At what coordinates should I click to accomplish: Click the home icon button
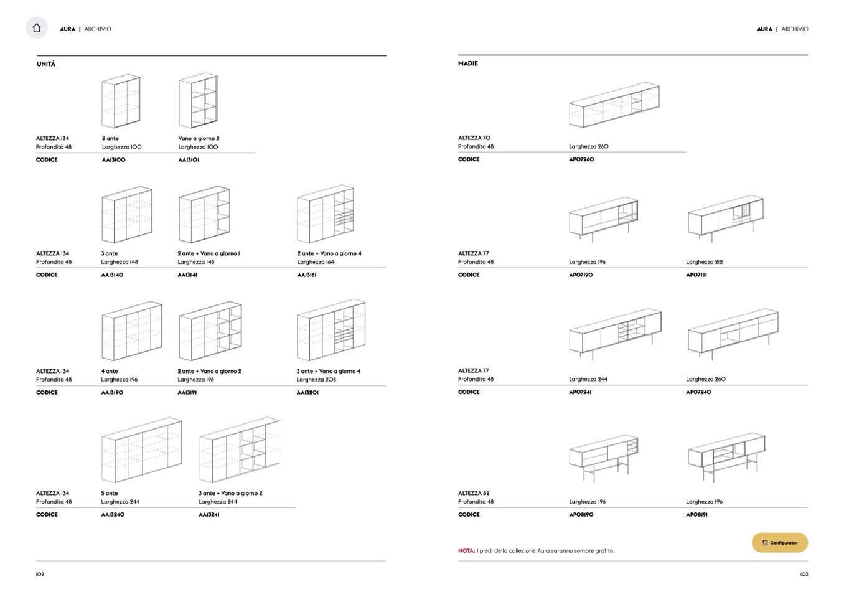tap(37, 28)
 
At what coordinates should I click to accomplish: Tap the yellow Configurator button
tap(779, 543)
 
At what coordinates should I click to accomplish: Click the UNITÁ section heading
tap(46, 64)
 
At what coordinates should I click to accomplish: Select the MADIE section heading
tap(468, 63)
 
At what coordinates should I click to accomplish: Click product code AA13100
tap(114, 160)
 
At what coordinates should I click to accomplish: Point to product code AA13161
tap(307, 275)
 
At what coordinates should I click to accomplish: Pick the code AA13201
tap(307, 393)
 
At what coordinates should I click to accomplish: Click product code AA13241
tap(209, 515)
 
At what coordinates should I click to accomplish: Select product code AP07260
tap(581, 159)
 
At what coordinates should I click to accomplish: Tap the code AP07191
tap(696, 275)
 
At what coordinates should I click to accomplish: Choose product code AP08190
tap(581, 515)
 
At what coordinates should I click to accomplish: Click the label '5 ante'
tap(110, 493)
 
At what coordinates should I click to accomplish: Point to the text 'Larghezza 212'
tap(705, 262)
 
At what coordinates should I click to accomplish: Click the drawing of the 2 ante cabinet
tap(121, 101)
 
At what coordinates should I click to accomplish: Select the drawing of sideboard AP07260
tap(614, 105)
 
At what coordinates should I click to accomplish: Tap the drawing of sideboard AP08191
tap(726, 456)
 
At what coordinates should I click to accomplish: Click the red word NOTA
tap(466, 551)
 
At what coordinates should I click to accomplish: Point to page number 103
tap(804, 575)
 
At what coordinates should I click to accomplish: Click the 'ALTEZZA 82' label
tap(474, 493)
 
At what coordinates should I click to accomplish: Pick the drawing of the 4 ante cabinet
tap(131, 331)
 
